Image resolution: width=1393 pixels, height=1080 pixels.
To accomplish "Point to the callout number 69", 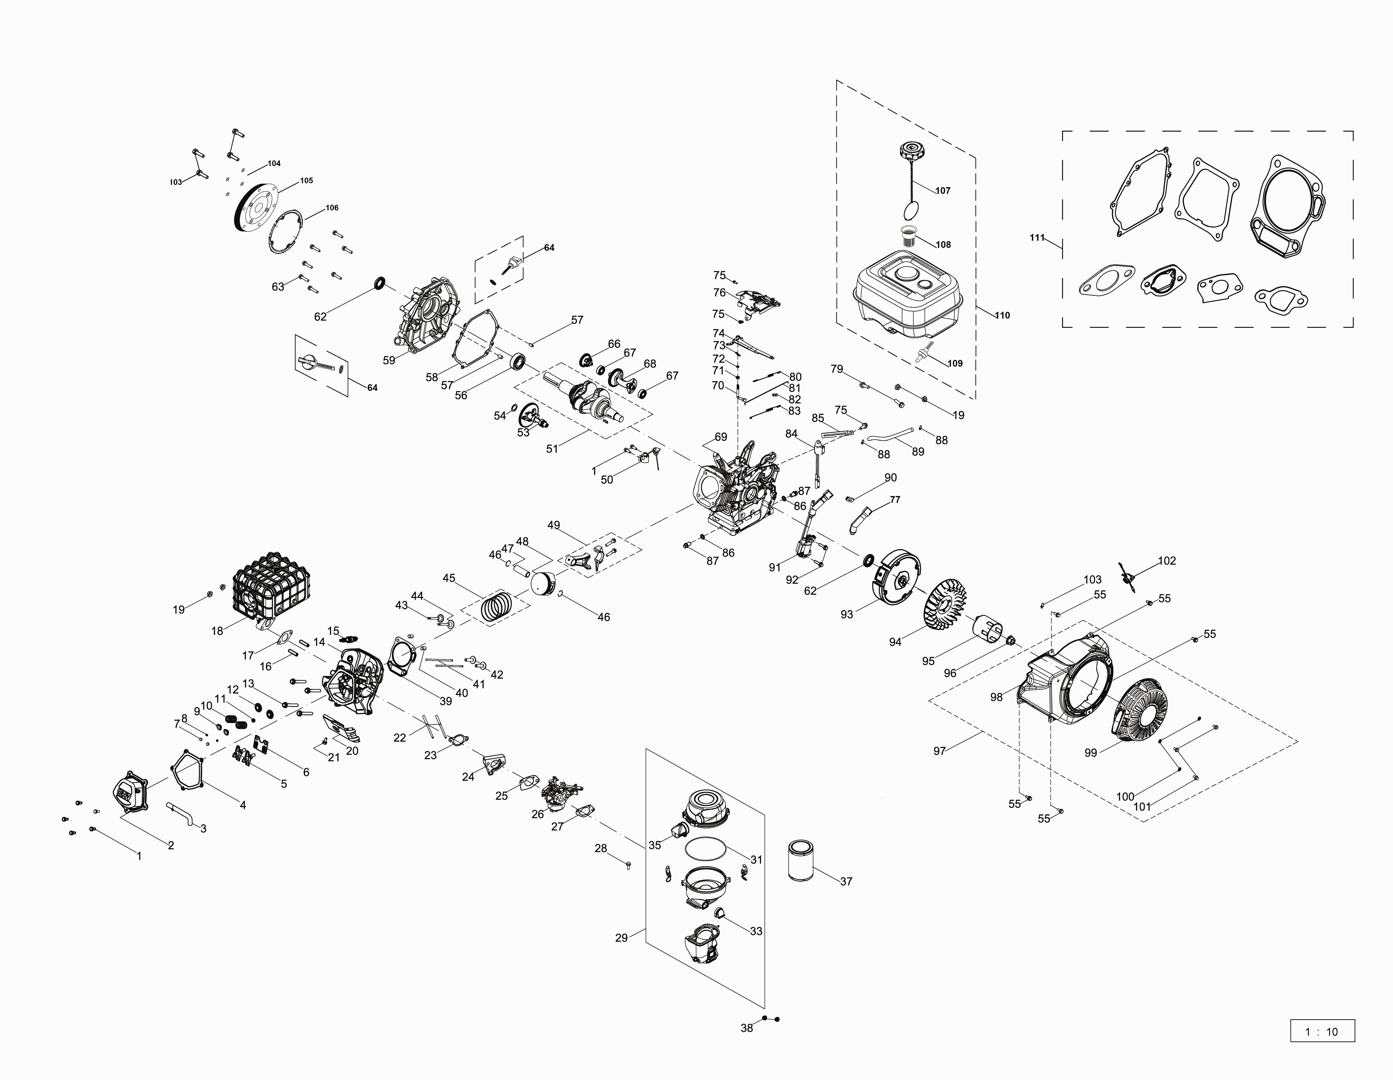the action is coord(721,437).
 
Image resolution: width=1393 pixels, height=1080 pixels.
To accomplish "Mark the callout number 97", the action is coord(939,751).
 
